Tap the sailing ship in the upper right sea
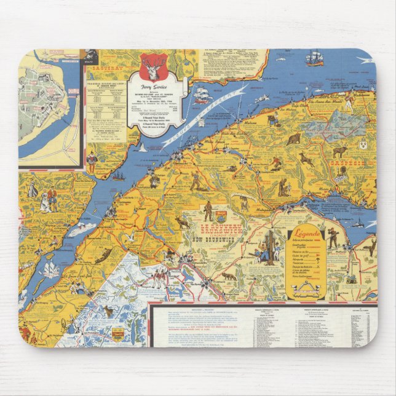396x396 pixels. [x=314, y=58]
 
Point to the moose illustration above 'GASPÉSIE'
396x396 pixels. [x=339, y=150]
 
